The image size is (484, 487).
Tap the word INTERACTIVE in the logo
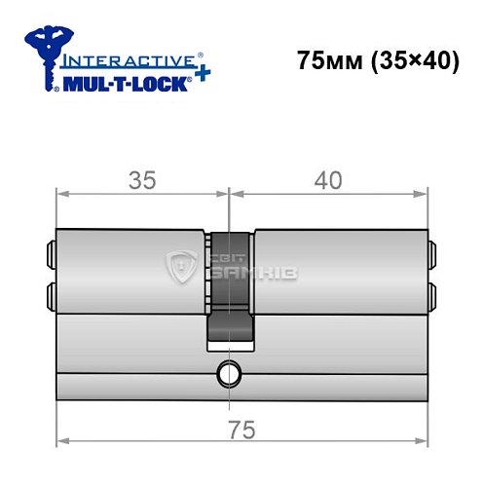point(118,61)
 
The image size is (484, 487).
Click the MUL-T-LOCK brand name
point(124,84)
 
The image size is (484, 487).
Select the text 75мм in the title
point(326,60)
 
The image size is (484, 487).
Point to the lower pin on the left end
point(49,292)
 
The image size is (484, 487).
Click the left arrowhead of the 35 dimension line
point(61,193)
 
